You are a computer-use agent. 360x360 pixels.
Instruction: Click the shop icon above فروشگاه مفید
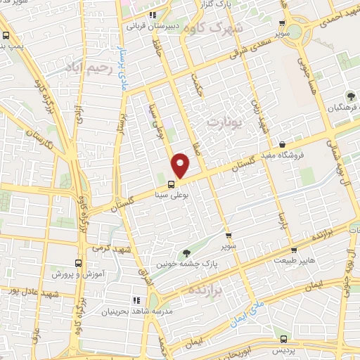click(281, 145)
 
